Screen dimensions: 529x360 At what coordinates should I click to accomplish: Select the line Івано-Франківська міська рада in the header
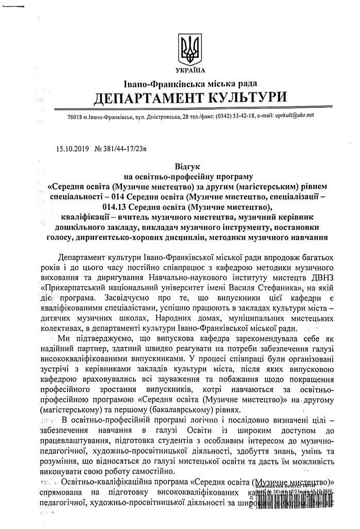coord(190,83)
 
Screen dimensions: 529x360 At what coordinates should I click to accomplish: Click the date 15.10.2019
coord(73,150)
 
